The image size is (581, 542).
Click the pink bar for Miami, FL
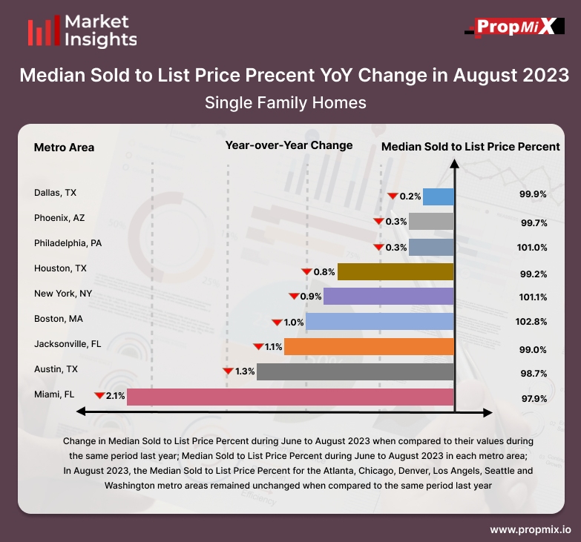290,397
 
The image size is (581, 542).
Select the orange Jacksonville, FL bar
369,346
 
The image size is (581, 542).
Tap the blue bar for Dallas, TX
439,196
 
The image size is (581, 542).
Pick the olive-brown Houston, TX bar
395,271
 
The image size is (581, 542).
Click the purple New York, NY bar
389,297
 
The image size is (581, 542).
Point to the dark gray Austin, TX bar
355,371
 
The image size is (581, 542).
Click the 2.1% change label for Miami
116,397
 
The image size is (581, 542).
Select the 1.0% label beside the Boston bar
294,322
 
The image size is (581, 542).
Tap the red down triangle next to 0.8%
304,271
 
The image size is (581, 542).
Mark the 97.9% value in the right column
533,398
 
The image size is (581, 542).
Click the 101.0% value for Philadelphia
533,248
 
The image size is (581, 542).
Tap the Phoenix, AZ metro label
59,218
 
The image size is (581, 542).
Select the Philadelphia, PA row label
68,243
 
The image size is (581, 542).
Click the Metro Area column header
64,147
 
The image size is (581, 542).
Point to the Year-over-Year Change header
289,145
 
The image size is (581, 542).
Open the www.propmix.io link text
531,530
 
